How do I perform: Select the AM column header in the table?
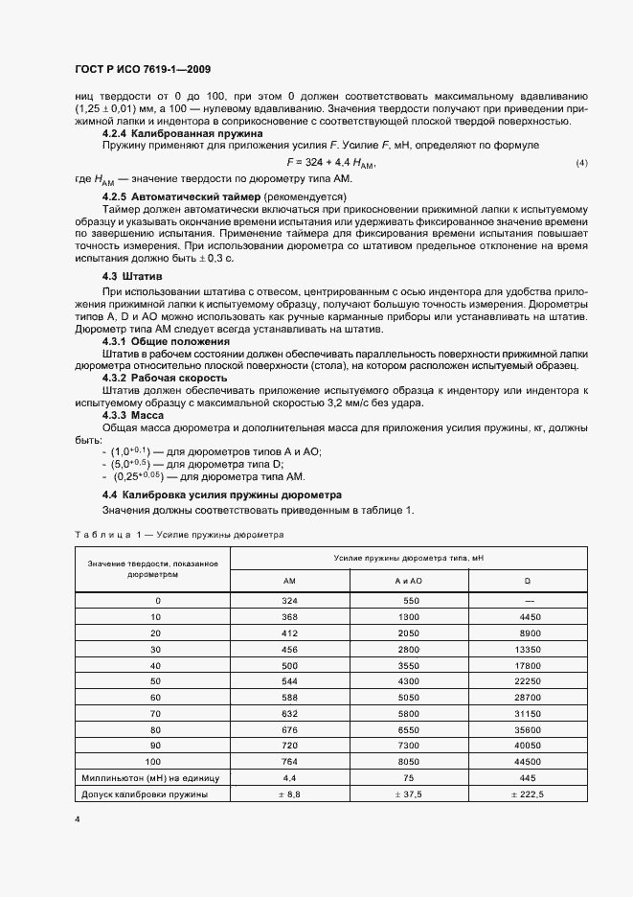click(289, 582)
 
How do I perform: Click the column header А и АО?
click(409, 582)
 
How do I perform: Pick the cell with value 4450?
click(528, 618)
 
